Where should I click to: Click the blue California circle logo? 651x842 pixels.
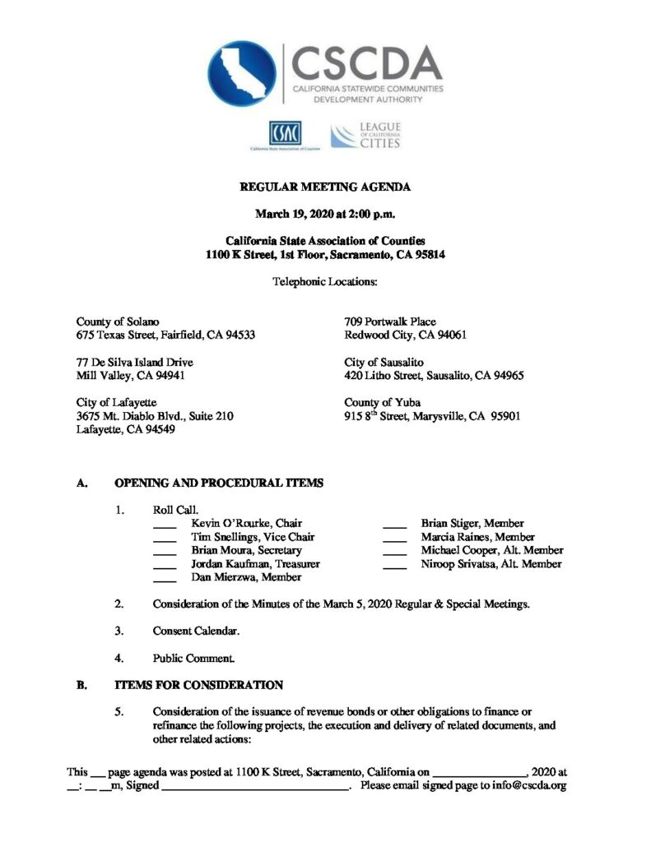[x=243, y=75]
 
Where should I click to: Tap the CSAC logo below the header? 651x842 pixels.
[x=285, y=133]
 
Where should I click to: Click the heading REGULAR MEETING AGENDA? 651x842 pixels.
[x=325, y=187]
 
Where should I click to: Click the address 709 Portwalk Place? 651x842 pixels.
[x=390, y=322]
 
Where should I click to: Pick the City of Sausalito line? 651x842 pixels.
[x=385, y=362]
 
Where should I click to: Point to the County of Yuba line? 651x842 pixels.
[x=382, y=403]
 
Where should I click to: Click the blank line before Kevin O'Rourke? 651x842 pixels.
[x=165, y=525]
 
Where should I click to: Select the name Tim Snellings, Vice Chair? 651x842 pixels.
[x=253, y=537]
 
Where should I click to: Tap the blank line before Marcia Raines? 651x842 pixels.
[x=395, y=538]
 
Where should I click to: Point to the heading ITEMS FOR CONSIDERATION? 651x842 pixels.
[x=198, y=685]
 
